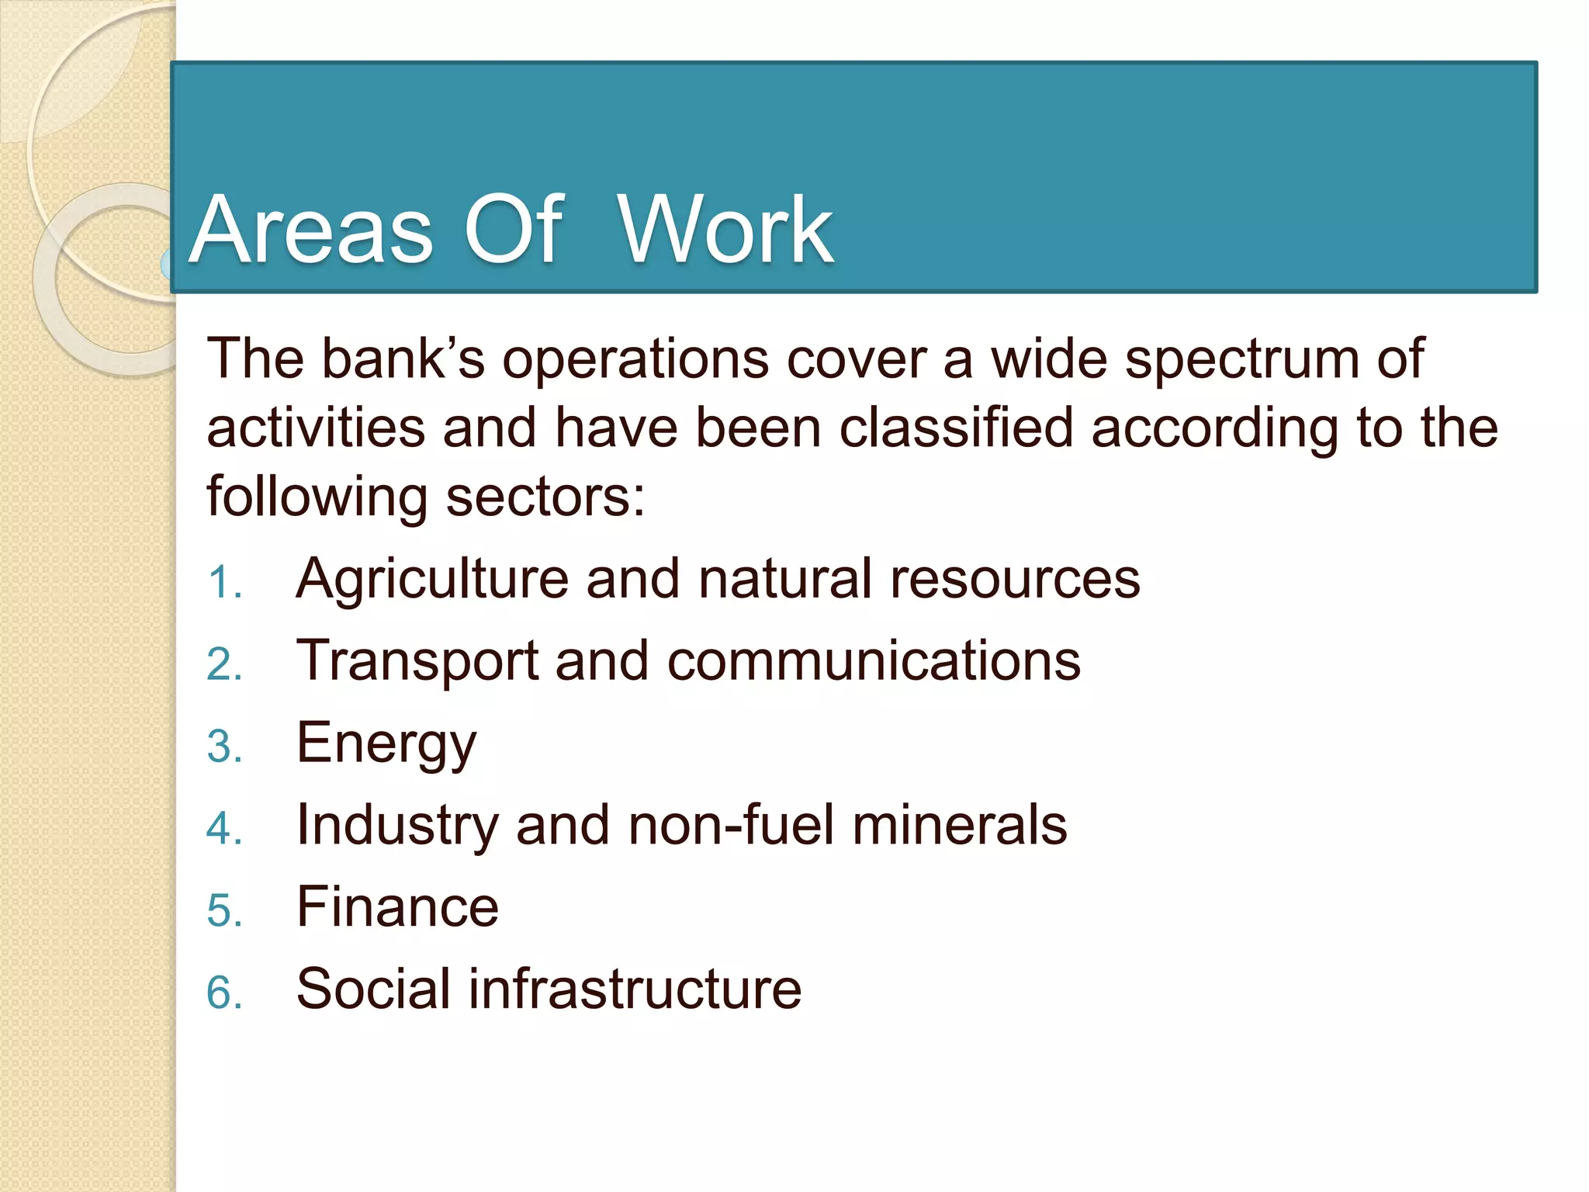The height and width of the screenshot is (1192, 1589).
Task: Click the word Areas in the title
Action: (x=310, y=231)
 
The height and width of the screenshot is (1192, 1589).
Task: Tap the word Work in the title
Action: (x=725, y=231)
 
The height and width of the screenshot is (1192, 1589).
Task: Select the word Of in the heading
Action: (x=513, y=230)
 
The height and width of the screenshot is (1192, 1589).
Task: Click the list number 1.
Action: (x=223, y=583)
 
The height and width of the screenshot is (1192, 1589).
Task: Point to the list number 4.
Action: (x=223, y=828)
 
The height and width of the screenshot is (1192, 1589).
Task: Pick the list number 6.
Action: (x=223, y=993)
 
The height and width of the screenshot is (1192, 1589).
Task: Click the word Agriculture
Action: (x=432, y=580)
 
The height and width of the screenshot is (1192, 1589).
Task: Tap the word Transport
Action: (x=417, y=661)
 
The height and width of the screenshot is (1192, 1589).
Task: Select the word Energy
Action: (x=386, y=744)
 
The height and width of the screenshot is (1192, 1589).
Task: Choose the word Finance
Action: (x=397, y=907)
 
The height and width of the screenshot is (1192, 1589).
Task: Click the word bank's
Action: (x=403, y=359)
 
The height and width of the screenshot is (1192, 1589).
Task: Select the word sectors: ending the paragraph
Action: (x=545, y=497)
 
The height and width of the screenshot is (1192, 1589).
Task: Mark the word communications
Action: (x=873, y=661)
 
